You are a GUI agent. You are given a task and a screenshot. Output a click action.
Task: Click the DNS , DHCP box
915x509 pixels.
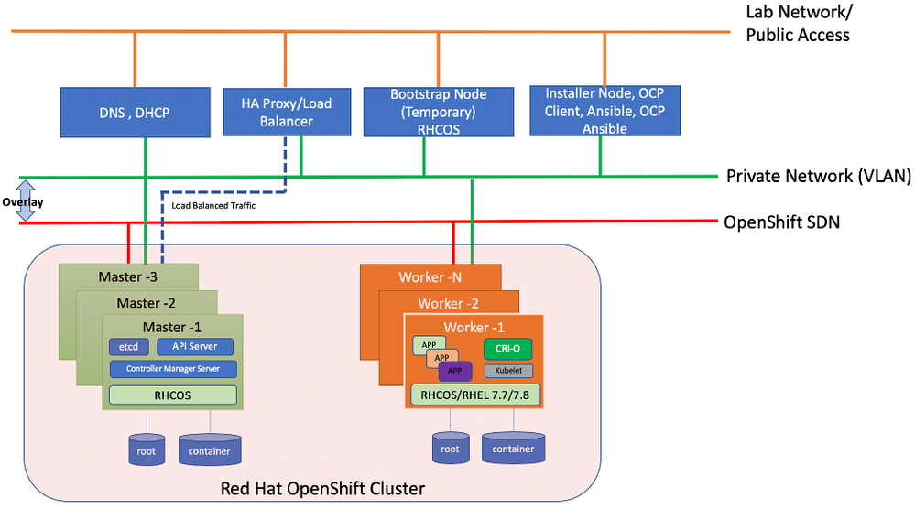(135, 113)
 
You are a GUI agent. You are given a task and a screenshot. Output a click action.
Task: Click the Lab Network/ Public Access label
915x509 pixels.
(798, 24)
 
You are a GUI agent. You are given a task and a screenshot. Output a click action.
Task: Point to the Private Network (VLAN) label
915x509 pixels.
(818, 177)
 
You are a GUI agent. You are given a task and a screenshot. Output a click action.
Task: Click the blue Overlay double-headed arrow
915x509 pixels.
(27, 200)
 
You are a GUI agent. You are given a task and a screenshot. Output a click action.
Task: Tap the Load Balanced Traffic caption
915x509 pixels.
(213, 206)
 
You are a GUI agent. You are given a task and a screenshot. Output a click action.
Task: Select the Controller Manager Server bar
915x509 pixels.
(172, 369)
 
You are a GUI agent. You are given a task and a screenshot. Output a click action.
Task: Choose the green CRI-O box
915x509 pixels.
(507, 349)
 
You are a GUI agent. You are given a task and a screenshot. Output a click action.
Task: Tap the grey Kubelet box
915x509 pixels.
(507, 372)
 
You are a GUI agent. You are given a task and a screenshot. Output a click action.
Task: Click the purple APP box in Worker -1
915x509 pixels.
(455, 371)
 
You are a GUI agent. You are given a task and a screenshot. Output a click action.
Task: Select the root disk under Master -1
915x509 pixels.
(147, 449)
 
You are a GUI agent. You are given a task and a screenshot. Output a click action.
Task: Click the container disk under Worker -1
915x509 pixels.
(513, 448)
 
